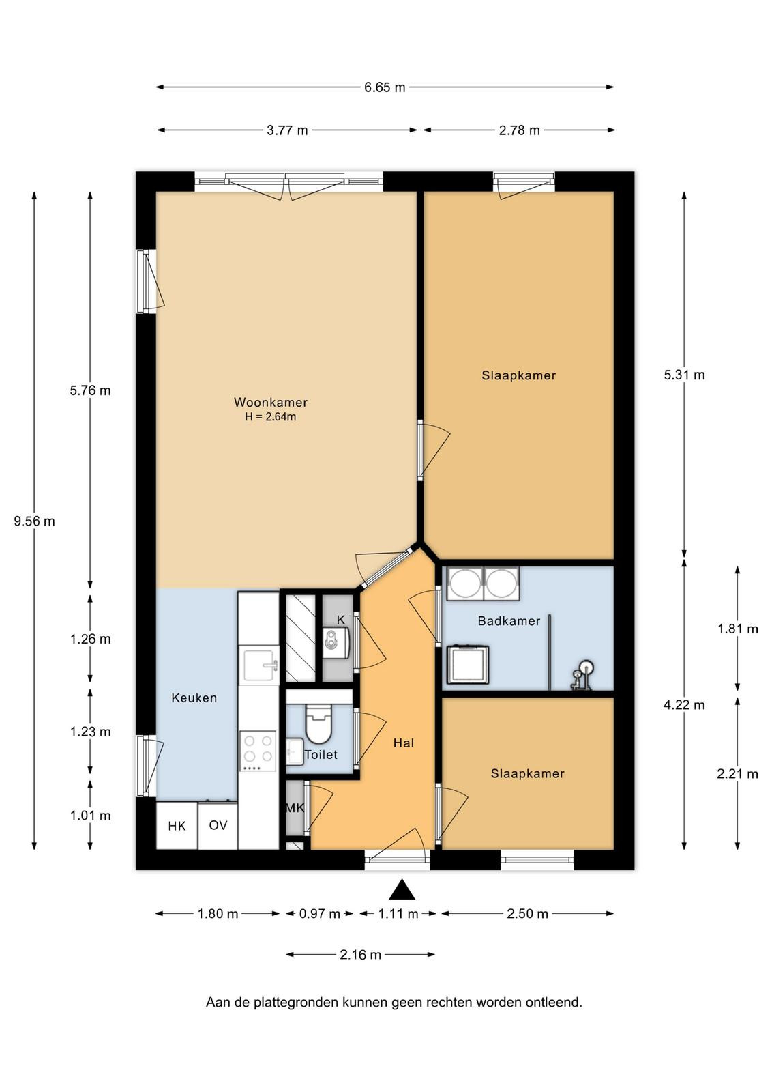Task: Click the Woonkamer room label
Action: click(x=270, y=402)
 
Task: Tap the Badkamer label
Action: click(x=509, y=620)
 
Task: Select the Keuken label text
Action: click(x=194, y=698)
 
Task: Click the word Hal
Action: click(x=404, y=743)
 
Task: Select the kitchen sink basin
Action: click(x=258, y=665)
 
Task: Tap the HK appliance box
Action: click(x=177, y=825)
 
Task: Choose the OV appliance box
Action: click(x=218, y=825)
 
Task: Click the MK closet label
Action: click(x=295, y=808)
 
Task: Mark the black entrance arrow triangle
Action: click(x=402, y=889)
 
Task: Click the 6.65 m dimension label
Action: click(x=385, y=87)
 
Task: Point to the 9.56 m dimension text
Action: click(x=34, y=521)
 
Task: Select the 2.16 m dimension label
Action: click(x=360, y=955)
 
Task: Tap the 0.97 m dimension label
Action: click(x=319, y=914)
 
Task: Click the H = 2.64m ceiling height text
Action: click(x=270, y=417)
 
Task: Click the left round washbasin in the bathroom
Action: click(x=464, y=583)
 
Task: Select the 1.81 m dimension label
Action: click(x=737, y=629)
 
